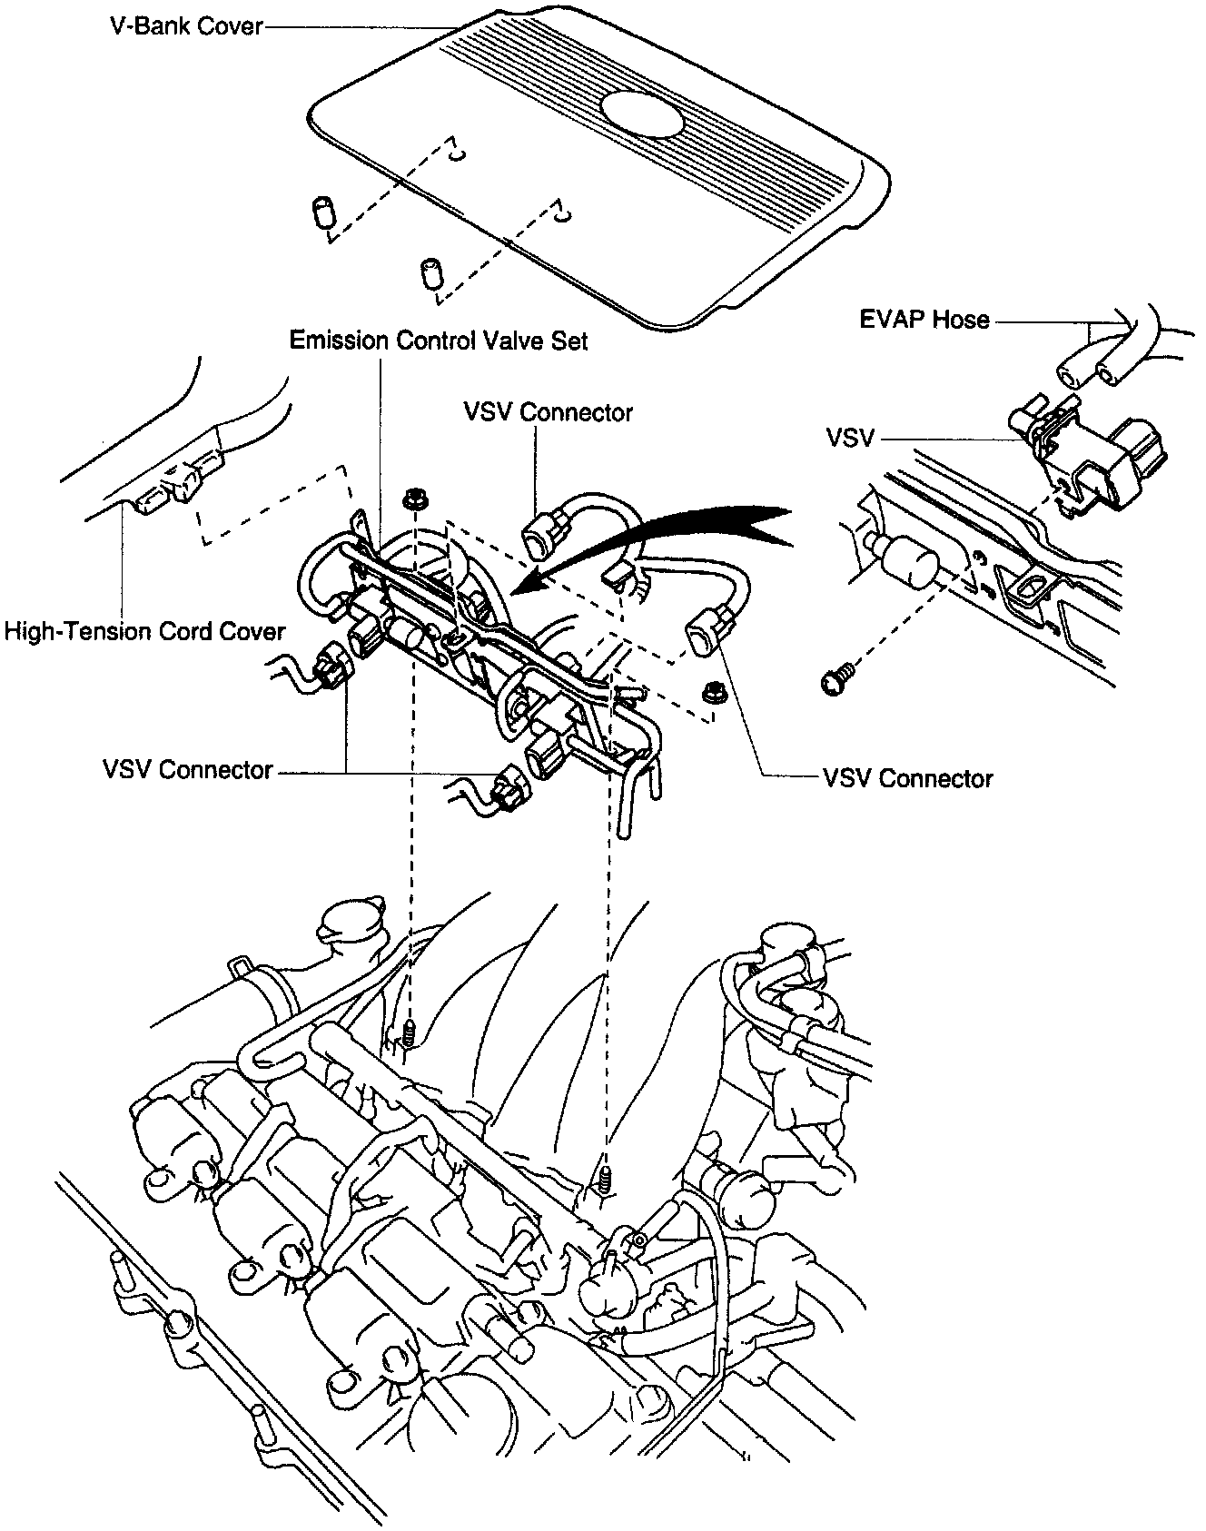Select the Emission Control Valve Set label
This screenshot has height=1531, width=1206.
(x=439, y=341)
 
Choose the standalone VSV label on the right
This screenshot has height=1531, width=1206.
(x=850, y=439)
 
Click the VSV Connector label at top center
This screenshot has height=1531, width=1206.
(x=548, y=412)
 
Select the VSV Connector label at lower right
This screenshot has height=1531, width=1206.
(x=907, y=778)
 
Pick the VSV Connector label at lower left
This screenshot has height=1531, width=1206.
(x=187, y=770)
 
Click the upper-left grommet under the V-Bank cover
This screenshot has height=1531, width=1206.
(x=321, y=211)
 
